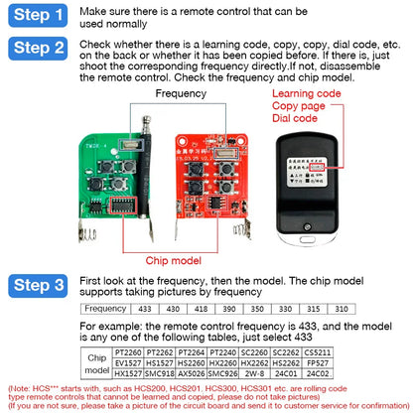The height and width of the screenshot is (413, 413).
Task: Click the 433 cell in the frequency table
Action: tap(145, 310)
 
